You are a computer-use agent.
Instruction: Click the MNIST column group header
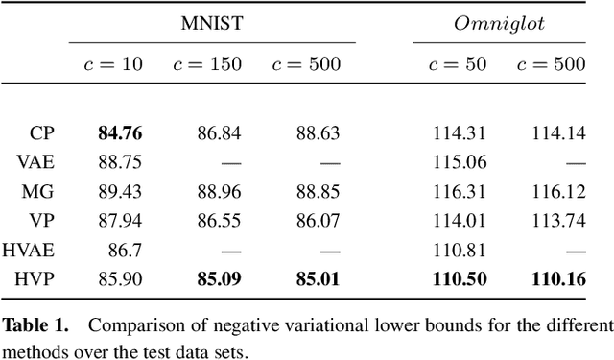tap(212, 22)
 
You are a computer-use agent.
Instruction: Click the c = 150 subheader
tap(205, 64)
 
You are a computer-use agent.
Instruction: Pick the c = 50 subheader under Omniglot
tap(457, 64)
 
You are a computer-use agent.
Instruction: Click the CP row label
tap(41, 133)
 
